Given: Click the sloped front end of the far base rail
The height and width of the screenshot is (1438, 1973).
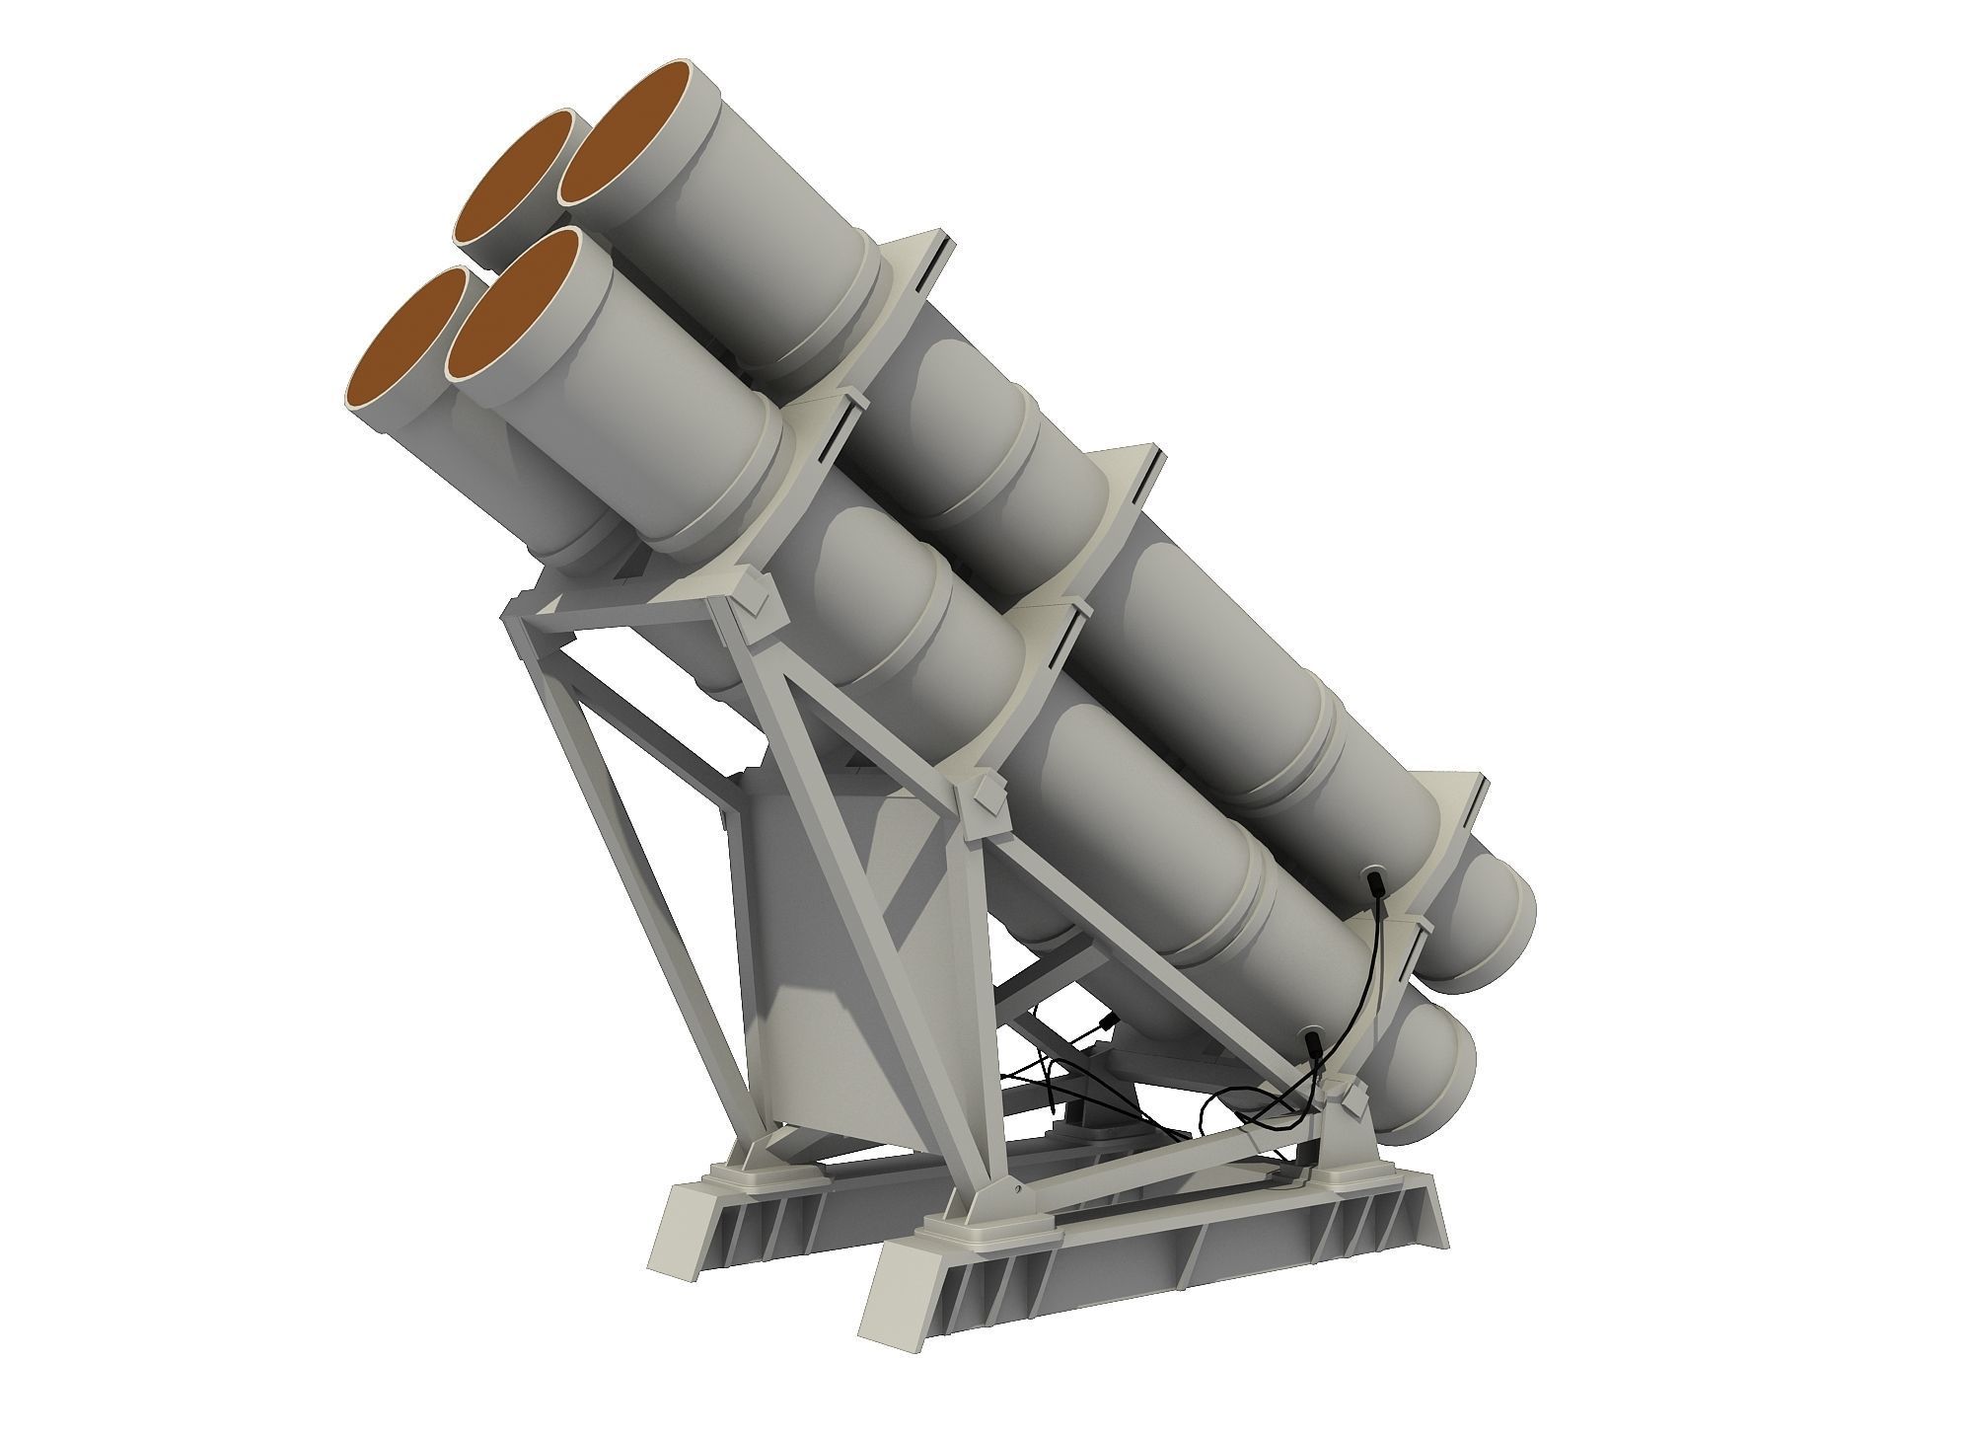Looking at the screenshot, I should click(x=681, y=1224).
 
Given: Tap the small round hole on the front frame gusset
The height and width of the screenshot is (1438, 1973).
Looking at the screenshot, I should click(x=1011, y=1192).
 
